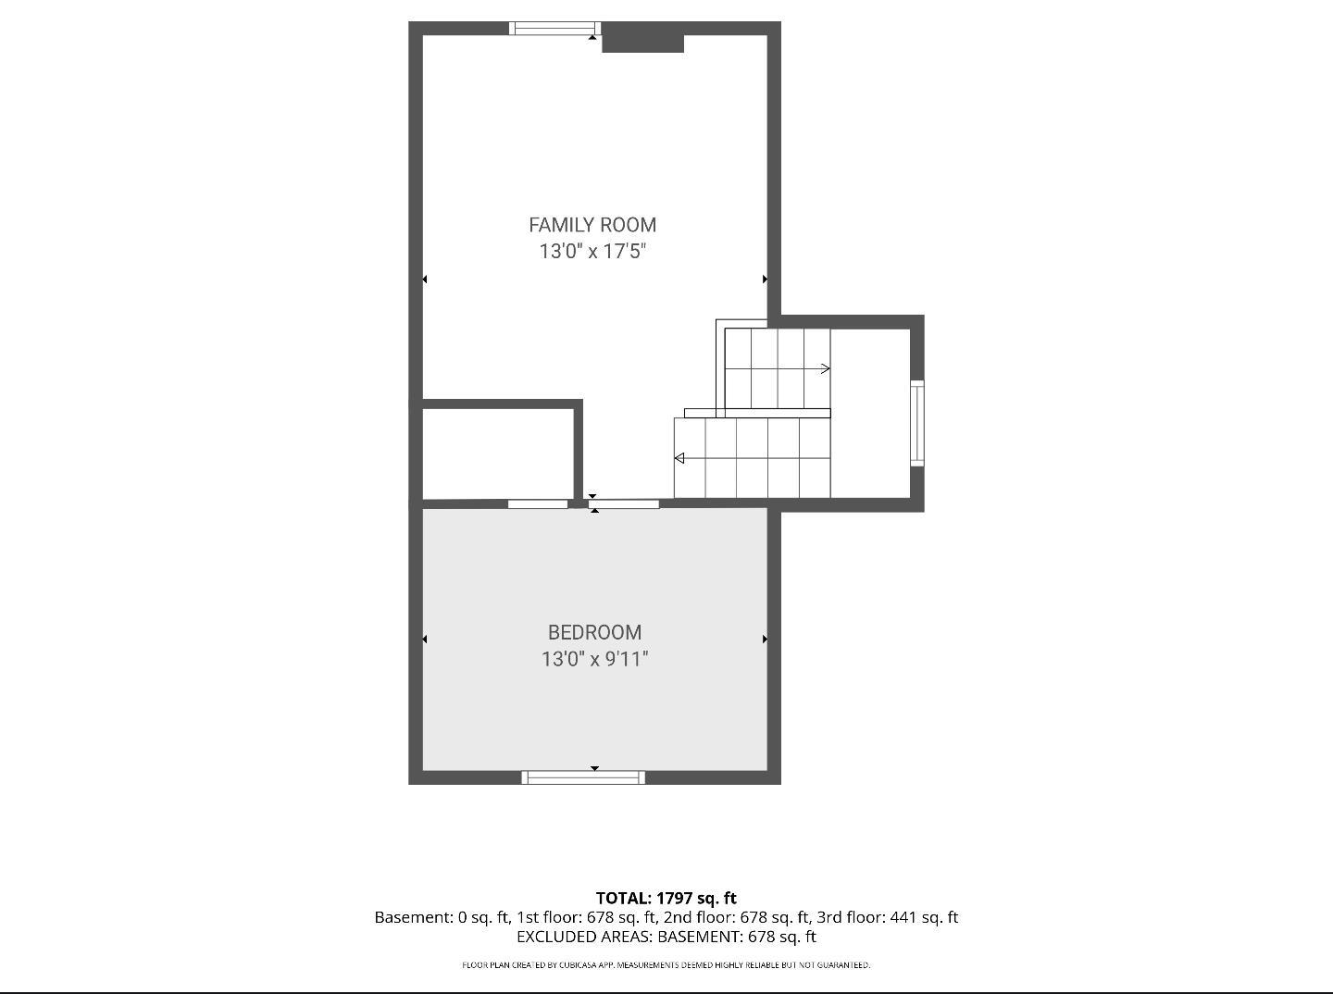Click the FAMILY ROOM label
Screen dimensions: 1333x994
tap(592, 225)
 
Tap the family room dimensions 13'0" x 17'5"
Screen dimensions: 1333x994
tap(592, 251)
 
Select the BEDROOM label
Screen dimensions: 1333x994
tap(594, 633)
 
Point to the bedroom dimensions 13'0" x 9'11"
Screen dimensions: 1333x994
tap(594, 659)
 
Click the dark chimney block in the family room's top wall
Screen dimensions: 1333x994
tap(642, 38)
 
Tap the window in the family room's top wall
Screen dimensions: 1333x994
tap(554, 29)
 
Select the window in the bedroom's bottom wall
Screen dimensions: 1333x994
tap(583, 777)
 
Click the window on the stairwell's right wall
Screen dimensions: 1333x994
tap(917, 423)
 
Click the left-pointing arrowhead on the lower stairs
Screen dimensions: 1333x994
tap(679, 458)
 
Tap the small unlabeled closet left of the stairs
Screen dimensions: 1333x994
tap(498, 454)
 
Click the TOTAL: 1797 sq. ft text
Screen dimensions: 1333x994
tap(666, 898)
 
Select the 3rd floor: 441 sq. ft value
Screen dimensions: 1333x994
tap(887, 917)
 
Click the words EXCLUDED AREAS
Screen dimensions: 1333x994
tap(585, 937)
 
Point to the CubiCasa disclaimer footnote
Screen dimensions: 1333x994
tap(666, 965)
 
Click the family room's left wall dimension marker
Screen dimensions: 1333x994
tap(425, 280)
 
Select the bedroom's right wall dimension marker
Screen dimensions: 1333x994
tap(765, 639)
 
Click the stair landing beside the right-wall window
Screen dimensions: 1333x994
tap(870, 413)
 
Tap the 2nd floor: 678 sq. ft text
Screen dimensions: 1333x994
tap(736, 917)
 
